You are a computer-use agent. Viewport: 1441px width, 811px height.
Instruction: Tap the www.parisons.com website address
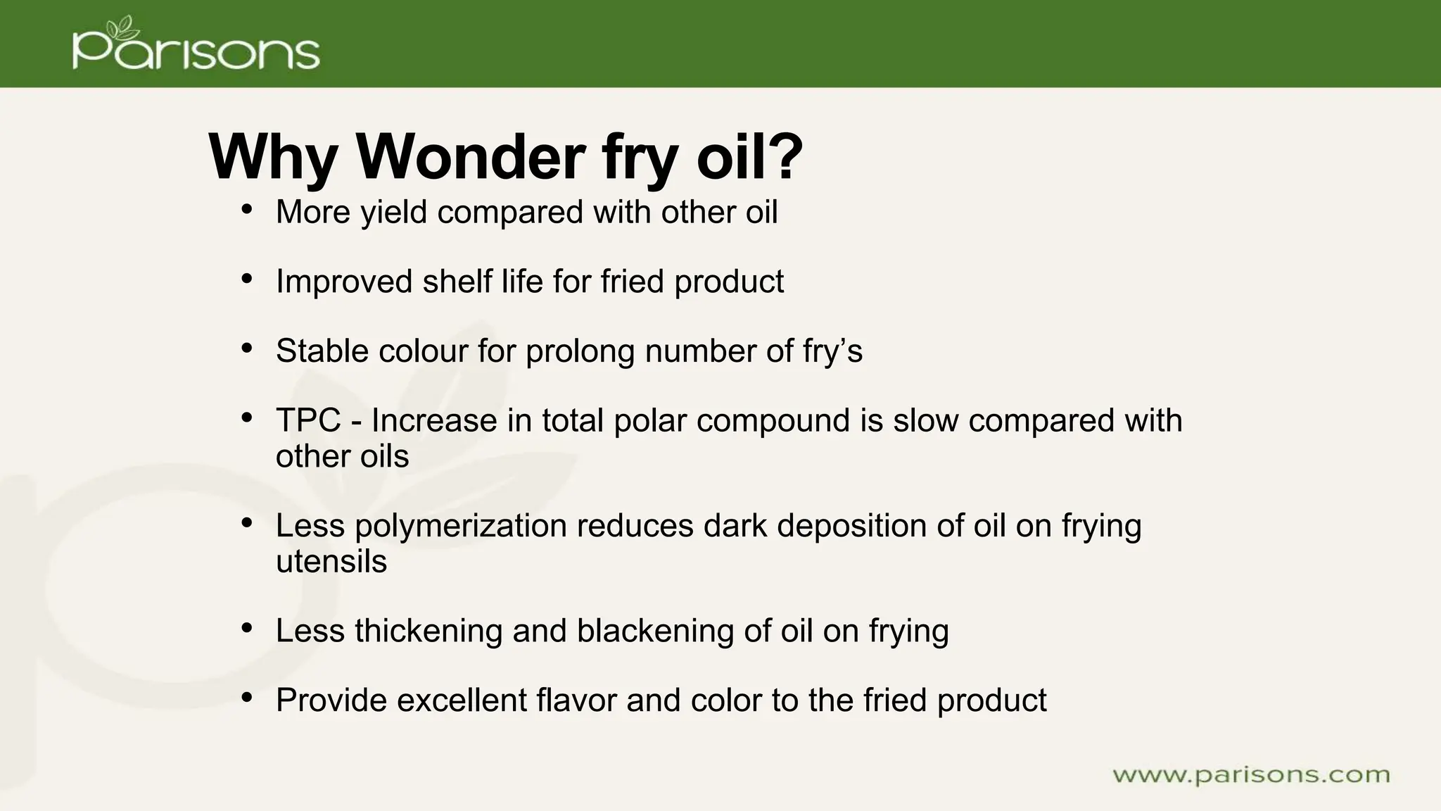pos(1251,775)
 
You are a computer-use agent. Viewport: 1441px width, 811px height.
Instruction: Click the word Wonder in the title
pos(471,156)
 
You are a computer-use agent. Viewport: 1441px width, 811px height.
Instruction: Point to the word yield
pos(393,213)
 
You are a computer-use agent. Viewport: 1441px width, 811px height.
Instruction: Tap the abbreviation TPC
pos(308,421)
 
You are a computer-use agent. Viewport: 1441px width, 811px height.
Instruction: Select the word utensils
pos(331,562)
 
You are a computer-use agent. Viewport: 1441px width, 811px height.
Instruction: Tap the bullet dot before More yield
pos(246,210)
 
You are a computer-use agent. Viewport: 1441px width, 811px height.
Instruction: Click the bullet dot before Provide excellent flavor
pos(246,698)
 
